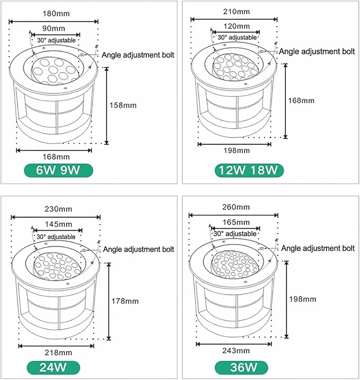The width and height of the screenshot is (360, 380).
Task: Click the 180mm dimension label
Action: [x=56, y=14]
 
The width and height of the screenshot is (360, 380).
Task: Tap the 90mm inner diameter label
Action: [x=54, y=29]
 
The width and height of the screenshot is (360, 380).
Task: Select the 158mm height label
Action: [x=123, y=105]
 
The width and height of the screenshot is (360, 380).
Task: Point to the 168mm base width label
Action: [x=56, y=157]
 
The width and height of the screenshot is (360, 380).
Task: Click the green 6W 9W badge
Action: [x=58, y=170]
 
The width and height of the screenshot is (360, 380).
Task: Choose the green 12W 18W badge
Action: [x=249, y=170]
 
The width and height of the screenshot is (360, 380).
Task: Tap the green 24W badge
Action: [x=53, y=367]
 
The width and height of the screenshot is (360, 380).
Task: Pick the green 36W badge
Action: [x=241, y=367]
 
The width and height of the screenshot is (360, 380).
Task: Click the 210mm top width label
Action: [x=236, y=12]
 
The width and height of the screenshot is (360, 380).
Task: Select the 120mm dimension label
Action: [x=236, y=26]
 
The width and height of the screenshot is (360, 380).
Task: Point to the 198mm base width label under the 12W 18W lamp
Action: [x=236, y=151]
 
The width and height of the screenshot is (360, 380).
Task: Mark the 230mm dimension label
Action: [x=58, y=209]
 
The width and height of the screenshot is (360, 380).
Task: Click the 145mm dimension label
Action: [x=58, y=224]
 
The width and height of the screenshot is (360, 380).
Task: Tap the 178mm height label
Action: [x=125, y=301]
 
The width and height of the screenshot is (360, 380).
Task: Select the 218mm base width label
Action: [x=58, y=352]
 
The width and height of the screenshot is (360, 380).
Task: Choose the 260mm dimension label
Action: [x=236, y=207]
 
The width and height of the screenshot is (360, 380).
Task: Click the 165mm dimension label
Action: [x=236, y=222]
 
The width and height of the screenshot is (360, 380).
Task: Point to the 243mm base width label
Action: [x=236, y=351]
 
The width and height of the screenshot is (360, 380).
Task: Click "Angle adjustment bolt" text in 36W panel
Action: [x=318, y=249]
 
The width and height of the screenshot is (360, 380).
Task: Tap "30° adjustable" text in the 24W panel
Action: [x=56, y=237]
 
